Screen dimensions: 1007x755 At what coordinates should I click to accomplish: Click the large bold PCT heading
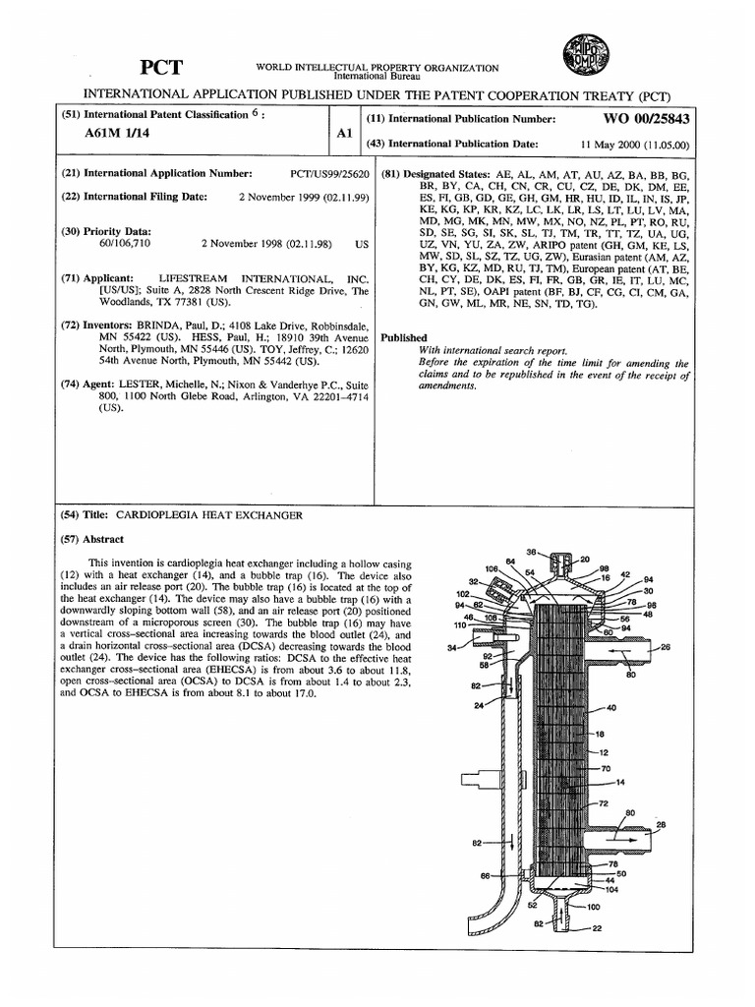[160, 67]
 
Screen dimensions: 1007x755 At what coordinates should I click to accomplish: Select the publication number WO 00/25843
[647, 118]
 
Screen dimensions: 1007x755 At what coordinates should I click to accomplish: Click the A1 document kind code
[338, 140]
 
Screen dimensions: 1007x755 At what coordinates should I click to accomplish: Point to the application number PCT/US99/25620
[329, 173]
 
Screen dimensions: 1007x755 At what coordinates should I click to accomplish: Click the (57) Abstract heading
[97, 539]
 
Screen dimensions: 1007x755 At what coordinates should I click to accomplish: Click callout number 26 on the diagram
[666, 647]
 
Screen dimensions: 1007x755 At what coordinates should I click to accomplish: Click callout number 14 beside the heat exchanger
[620, 782]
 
